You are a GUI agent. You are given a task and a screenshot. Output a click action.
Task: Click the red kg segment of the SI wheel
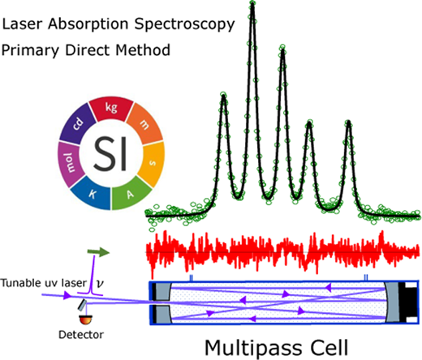111,109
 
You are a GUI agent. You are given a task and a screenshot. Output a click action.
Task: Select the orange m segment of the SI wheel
145,124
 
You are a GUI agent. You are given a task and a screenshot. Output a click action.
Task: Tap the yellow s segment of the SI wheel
153,163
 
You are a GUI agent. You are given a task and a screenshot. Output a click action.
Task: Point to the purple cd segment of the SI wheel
78,124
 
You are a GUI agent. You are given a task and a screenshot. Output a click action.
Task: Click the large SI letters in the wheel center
110,153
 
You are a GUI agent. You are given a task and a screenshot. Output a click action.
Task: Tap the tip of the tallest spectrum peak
252,2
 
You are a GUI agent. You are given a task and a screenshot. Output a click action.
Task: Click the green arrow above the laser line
98,252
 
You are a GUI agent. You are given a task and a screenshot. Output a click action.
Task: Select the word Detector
81,335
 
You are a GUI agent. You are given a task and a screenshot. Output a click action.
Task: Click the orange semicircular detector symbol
86,319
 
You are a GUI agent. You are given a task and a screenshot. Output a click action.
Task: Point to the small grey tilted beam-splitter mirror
82,305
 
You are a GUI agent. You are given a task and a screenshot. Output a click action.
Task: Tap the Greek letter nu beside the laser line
100,283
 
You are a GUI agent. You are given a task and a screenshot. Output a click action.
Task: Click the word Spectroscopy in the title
184,25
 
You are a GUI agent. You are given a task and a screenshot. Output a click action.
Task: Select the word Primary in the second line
30,51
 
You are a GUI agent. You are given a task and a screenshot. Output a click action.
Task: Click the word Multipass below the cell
253,349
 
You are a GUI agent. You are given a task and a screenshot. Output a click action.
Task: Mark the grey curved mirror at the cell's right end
393,302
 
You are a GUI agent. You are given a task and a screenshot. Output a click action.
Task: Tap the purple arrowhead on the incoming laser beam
67,295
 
